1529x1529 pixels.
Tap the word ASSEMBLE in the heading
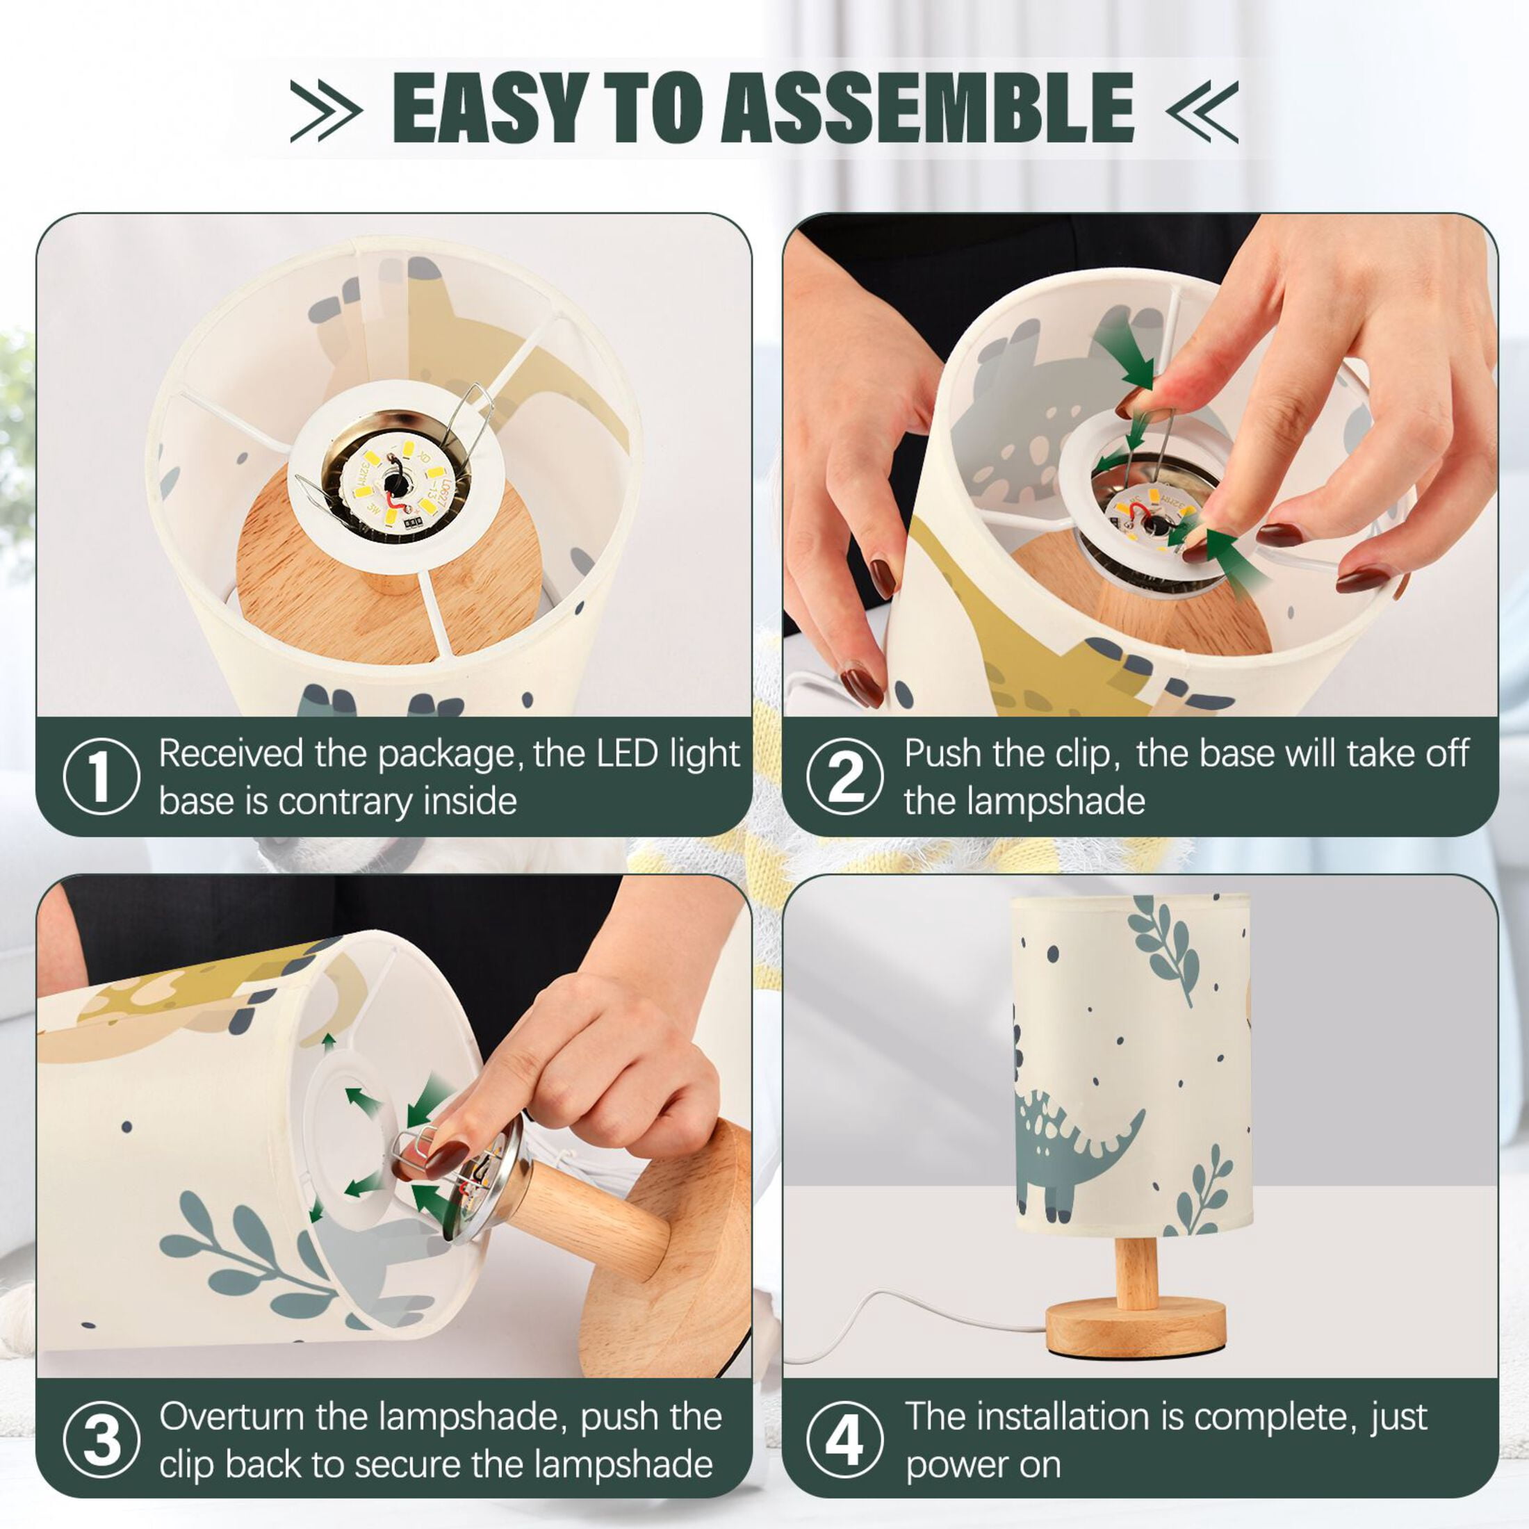(x=928, y=108)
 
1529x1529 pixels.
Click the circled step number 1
(x=101, y=776)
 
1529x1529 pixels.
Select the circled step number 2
(x=845, y=776)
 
